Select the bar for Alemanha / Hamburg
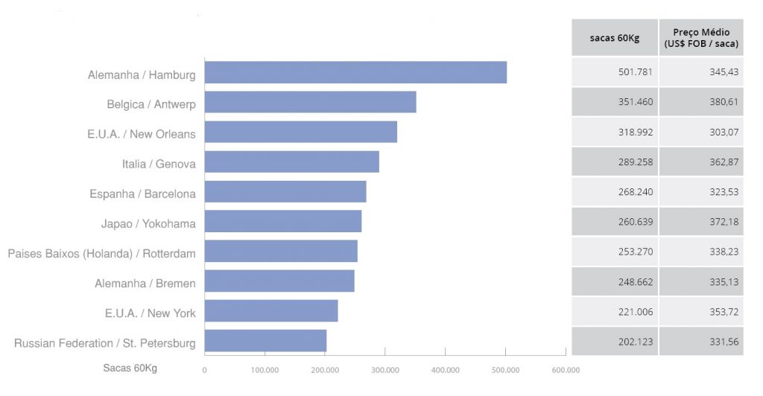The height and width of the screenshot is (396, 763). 355,73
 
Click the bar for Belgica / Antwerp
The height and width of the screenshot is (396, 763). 310,102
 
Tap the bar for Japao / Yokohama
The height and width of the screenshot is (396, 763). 282,221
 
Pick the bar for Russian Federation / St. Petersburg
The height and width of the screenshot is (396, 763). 265,341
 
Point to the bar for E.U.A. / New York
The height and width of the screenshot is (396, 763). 271,311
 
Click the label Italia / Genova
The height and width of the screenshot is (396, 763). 159,165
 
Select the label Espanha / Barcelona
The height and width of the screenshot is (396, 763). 142,194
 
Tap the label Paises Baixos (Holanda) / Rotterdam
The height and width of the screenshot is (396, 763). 102,254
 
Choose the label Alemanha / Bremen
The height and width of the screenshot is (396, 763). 145,284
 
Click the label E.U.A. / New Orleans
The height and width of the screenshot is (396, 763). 141,135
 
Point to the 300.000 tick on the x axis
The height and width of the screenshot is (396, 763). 384,369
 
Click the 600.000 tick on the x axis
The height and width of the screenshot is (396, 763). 566,369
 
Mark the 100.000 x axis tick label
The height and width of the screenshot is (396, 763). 265,369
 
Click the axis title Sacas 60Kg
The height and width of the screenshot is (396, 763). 130,368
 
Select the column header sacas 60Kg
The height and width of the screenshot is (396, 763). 615,38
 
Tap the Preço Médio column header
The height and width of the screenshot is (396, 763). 701,38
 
